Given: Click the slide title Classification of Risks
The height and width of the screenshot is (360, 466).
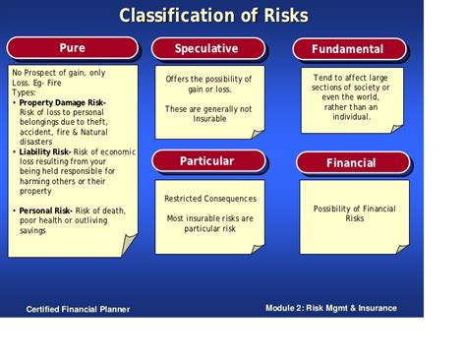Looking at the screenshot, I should click(213, 16).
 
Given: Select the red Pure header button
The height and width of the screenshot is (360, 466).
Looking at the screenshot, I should click(71, 48).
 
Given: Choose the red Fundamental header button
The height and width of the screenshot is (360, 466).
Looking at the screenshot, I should click(347, 49).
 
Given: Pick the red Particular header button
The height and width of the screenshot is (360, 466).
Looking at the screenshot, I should click(206, 160).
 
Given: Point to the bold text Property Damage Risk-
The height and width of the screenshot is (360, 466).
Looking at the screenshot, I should click(63, 102).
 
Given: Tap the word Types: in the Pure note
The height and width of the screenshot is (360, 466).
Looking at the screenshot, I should click(24, 92).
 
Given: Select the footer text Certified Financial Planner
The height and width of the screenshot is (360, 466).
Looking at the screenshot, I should click(78, 309).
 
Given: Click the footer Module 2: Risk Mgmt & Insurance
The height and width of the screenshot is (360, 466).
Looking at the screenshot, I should click(331, 308).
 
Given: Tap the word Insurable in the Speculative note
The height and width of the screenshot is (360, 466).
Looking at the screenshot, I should click(208, 119).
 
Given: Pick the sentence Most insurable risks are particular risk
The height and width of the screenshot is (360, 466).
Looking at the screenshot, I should click(208, 223).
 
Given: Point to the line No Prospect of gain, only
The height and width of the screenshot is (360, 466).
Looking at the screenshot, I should click(59, 73).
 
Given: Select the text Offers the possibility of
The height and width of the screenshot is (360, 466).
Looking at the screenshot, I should click(208, 79).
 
